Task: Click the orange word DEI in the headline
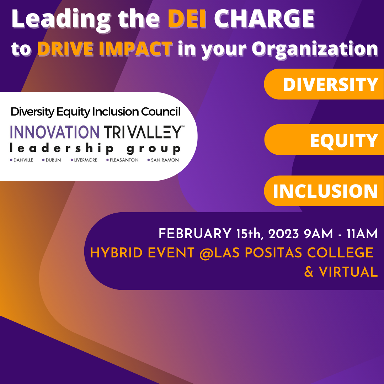click(187, 19)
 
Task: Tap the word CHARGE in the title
click(264, 19)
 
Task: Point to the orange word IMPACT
click(136, 48)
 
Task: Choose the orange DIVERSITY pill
click(324, 84)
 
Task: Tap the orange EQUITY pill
click(324, 140)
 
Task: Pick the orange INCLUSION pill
click(324, 191)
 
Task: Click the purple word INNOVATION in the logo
click(55, 132)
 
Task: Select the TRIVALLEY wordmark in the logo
click(144, 132)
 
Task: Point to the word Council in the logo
click(161, 112)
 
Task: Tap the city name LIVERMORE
click(86, 160)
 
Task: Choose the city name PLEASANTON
click(124, 160)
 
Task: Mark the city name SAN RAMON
click(165, 160)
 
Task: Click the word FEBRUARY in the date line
click(195, 234)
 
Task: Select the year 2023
click(284, 234)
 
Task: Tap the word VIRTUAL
click(348, 272)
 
